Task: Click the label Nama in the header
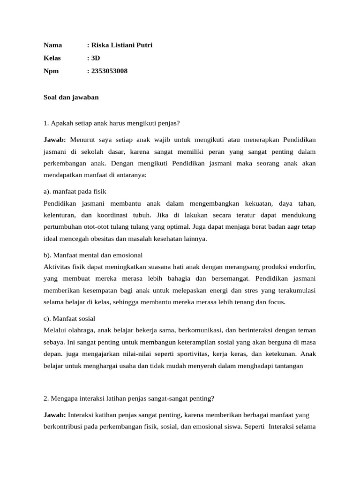[x=52, y=45]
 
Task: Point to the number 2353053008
[x=109, y=71]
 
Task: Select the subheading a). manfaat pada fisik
[x=75, y=192]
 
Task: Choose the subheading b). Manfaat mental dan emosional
[x=93, y=255]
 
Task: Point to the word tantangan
[x=287, y=366]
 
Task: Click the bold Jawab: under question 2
[x=54, y=415]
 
